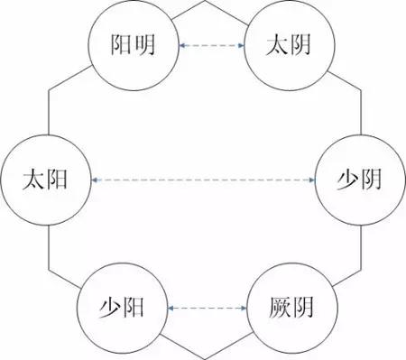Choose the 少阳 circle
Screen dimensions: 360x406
tap(122, 309)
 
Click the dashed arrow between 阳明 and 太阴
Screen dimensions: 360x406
tap(213, 44)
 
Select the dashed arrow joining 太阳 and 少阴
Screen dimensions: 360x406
tap(203, 180)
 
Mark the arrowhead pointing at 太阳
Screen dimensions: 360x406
tap(97, 180)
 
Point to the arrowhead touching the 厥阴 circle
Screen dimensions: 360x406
tap(245, 309)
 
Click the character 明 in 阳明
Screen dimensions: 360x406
tap(150, 44)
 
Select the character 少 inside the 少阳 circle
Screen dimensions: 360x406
tap(108, 309)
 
